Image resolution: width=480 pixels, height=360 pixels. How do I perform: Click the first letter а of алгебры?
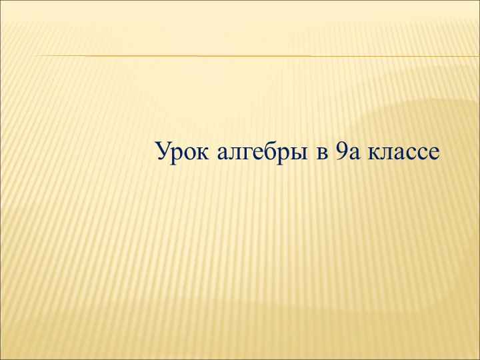223,155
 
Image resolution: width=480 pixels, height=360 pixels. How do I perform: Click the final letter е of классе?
434,155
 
